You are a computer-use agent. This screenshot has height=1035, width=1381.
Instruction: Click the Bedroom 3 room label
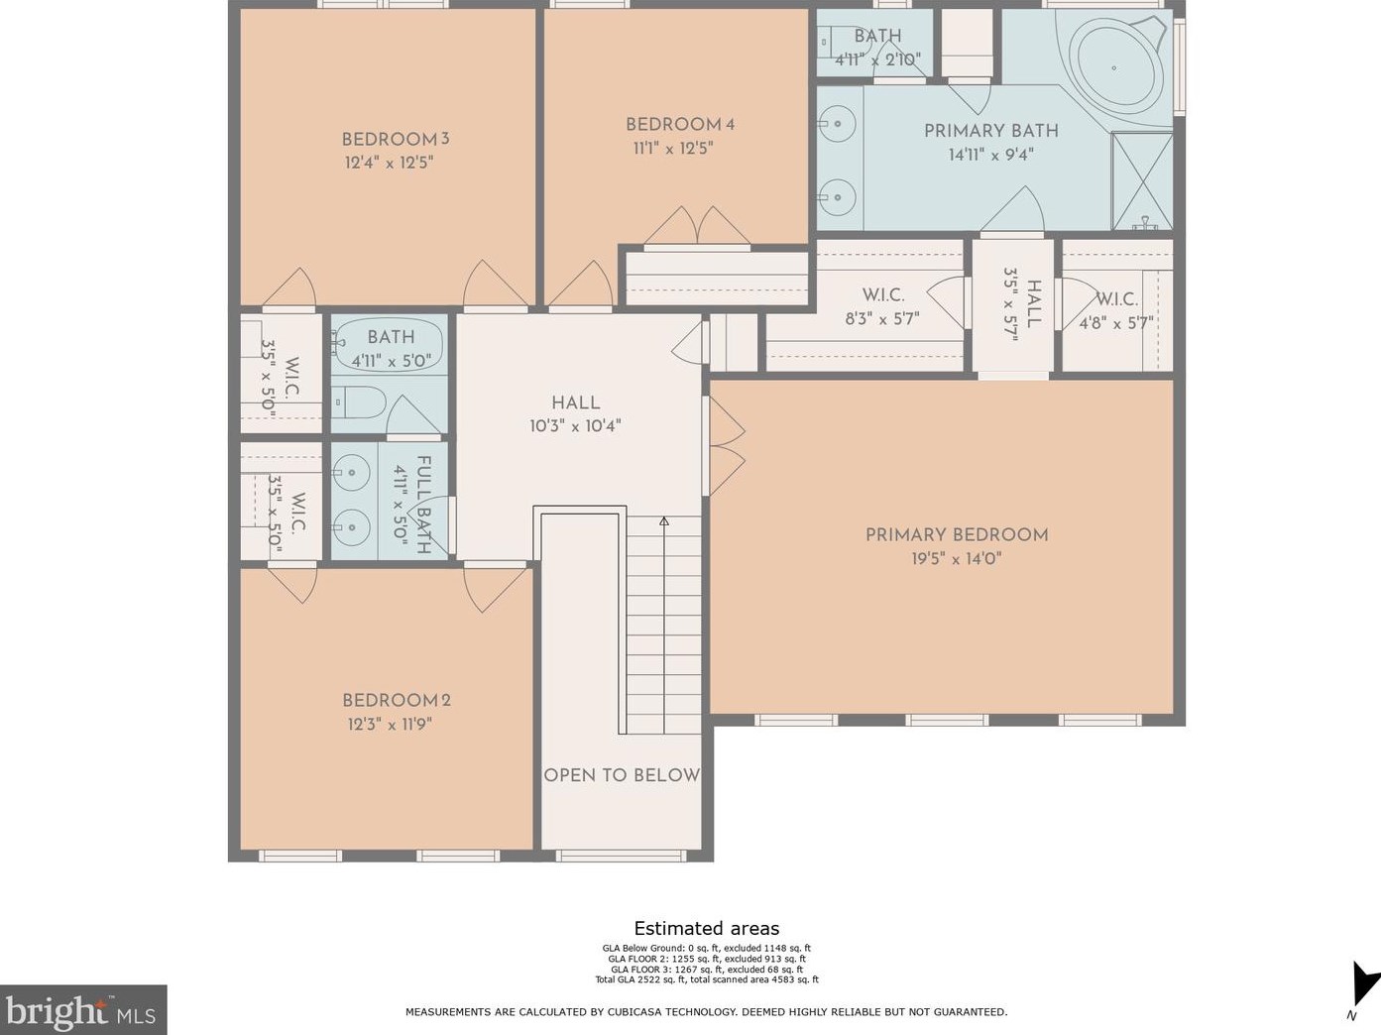396,139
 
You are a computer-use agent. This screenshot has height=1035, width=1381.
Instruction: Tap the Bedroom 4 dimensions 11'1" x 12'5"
672,149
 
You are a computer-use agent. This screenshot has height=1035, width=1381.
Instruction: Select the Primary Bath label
991,131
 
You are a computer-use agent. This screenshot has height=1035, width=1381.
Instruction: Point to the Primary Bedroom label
957,534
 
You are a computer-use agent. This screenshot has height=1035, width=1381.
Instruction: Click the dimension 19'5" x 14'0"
957,559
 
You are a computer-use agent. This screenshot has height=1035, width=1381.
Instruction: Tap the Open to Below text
622,775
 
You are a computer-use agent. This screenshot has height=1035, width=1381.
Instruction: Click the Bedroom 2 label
397,700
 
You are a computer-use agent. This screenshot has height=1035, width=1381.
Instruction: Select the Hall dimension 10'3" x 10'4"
575,426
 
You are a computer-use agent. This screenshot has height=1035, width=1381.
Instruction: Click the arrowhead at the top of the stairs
664,520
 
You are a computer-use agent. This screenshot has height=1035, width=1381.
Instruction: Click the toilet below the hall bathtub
358,402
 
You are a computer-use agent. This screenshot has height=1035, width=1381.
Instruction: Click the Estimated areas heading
707,928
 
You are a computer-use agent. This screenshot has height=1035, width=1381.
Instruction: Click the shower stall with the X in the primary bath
1142,180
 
